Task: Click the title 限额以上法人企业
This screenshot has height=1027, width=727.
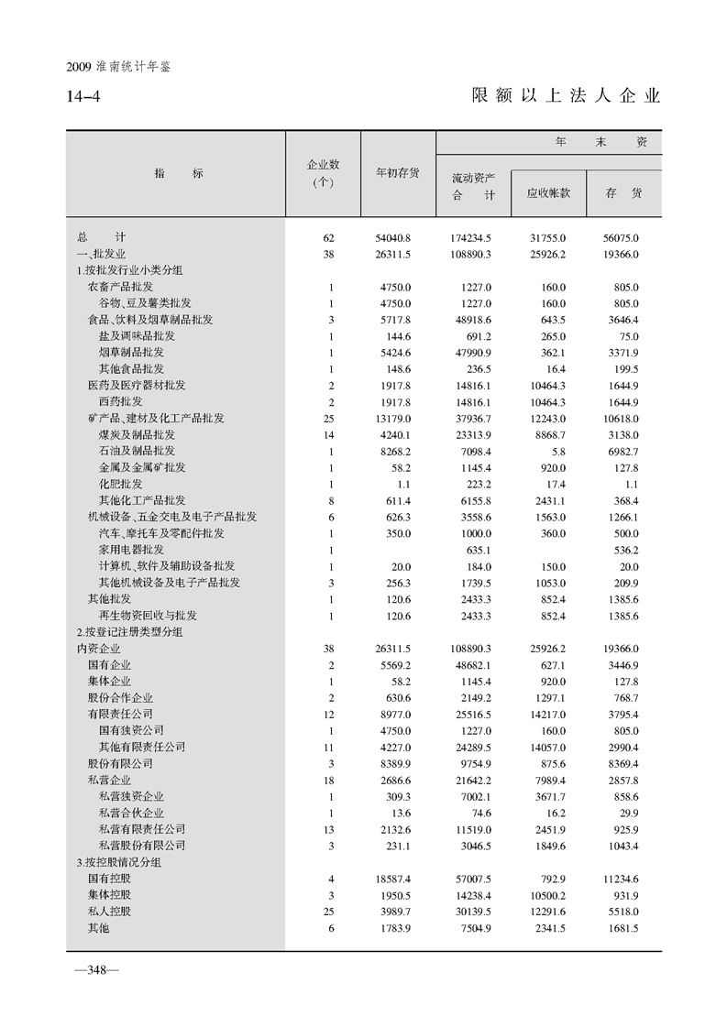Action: coord(566,95)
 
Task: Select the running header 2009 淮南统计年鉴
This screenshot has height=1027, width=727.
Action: coord(119,68)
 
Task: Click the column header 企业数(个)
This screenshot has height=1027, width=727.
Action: coord(323,172)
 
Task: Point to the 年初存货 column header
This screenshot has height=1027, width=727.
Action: coord(398,172)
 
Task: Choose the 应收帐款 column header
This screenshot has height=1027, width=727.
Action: coord(549,193)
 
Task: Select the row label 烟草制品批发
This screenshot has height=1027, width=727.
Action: coord(131,353)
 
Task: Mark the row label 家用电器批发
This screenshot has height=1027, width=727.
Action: coord(131,550)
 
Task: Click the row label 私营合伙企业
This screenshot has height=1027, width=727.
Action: coord(131,813)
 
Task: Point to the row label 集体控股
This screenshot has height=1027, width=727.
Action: coord(109,895)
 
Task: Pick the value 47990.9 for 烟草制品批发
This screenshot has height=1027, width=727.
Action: coord(473,353)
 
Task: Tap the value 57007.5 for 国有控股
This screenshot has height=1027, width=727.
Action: coord(473,879)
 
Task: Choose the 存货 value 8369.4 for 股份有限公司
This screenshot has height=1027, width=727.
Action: coord(621,763)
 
